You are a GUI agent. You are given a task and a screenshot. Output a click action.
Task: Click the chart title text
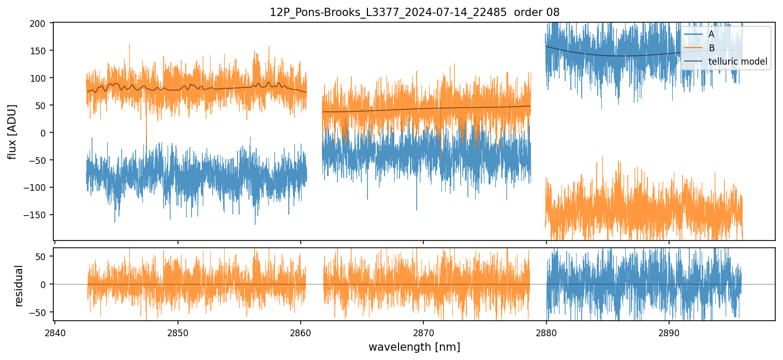click(x=414, y=12)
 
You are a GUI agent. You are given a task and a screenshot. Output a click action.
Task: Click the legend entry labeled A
click(x=711, y=35)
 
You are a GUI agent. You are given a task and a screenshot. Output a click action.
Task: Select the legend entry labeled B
click(x=711, y=49)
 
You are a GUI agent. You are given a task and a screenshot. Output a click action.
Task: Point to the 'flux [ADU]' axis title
click(x=12, y=131)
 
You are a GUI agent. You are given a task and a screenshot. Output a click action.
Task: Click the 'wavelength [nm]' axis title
click(x=414, y=347)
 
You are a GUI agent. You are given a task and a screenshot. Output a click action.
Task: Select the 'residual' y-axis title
click(x=19, y=286)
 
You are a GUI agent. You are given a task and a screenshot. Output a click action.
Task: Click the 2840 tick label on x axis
click(x=55, y=332)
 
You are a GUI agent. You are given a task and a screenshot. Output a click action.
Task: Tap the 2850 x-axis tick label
click(x=178, y=332)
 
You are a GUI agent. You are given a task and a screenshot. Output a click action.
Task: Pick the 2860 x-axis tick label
click(x=301, y=332)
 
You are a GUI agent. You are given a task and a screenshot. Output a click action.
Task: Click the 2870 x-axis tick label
click(x=423, y=332)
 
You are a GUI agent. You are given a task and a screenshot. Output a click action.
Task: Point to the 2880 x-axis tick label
click(x=546, y=332)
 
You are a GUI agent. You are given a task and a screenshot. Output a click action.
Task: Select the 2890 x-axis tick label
click(x=669, y=332)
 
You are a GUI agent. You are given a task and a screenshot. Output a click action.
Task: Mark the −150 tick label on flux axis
click(x=36, y=215)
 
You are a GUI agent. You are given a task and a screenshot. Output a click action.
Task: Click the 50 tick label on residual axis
click(x=42, y=257)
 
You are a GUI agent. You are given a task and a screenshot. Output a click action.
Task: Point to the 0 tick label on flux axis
click(x=43, y=133)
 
